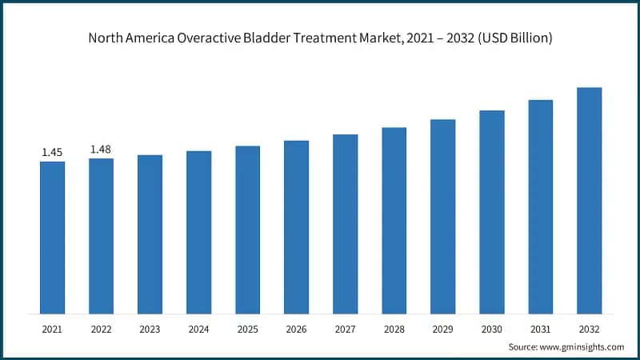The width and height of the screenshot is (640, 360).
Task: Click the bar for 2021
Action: point(52,237)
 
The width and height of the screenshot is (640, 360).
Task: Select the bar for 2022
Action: point(101,235)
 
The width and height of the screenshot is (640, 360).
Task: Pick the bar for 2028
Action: point(394,220)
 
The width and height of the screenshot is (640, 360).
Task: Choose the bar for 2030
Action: point(491,211)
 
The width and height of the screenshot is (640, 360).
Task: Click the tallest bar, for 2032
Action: point(589,200)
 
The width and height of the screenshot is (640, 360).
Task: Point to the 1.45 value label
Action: point(52,152)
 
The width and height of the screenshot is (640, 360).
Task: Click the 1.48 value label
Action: point(101,149)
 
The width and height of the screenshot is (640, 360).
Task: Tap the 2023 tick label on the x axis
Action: point(150,328)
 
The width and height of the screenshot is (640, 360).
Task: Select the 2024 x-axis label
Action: point(198,328)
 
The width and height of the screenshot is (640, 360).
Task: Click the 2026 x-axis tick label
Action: point(296,328)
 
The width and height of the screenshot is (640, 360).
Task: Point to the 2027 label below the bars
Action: point(345,328)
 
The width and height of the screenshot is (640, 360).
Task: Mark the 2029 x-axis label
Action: point(442,328)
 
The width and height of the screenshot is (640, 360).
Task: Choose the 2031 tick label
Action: point(540,328)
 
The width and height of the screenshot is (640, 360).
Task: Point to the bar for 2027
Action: point(345,223)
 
